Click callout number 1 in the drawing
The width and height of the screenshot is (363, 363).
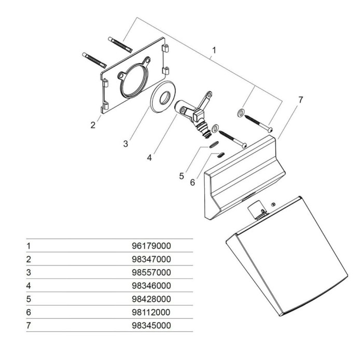213,52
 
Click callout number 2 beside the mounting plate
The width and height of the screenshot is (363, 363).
93,125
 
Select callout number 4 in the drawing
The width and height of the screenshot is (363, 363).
149,157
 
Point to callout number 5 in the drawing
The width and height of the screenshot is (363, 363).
181,176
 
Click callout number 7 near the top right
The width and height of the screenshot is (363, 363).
300,100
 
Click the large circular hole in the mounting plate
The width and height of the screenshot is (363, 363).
134,81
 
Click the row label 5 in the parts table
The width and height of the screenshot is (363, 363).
29,299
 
